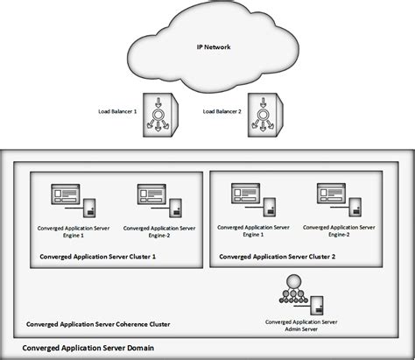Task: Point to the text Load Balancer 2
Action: [x=221, y=111]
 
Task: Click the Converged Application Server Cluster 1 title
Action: [x=98, y=257]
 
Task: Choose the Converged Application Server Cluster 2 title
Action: [x=278, y=257]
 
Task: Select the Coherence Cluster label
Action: [x=98, y=324]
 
